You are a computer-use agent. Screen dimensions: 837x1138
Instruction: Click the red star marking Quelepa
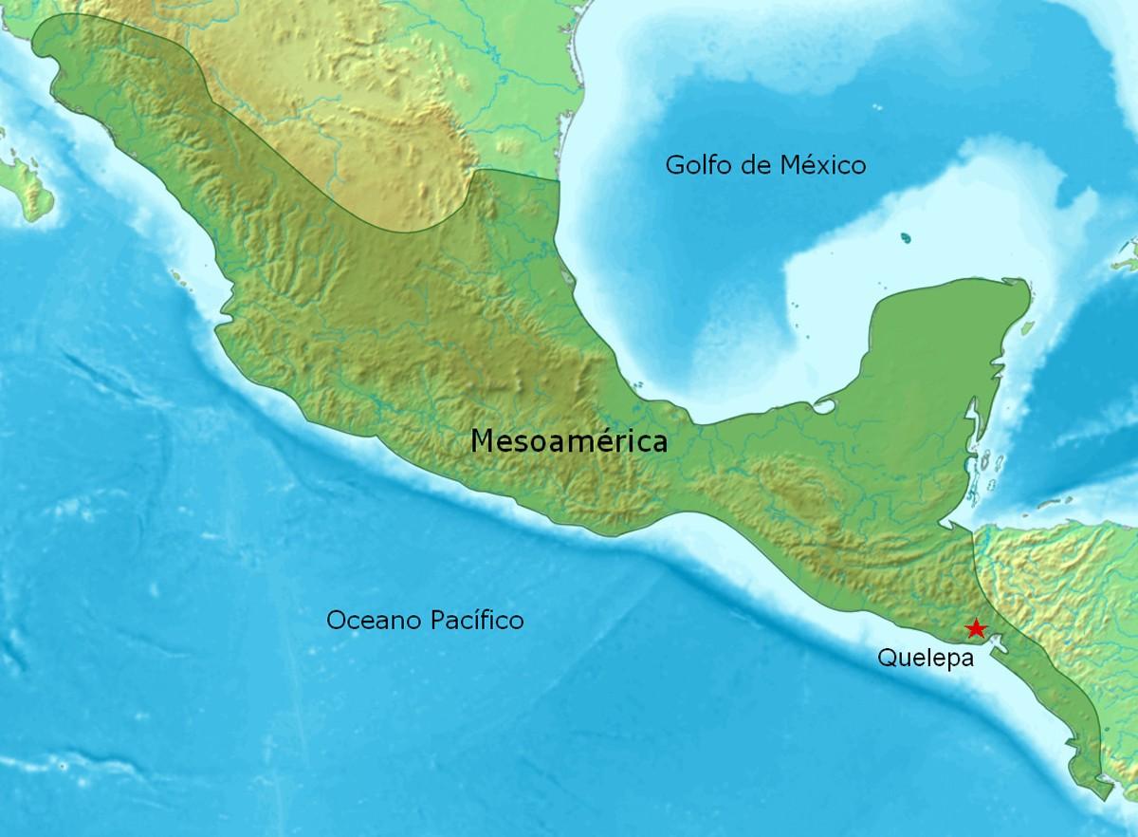click(x=974, y=628)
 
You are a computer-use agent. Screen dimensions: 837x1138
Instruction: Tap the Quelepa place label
click(x=926, y=657)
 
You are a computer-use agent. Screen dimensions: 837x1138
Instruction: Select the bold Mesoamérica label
click(x=569, y=441)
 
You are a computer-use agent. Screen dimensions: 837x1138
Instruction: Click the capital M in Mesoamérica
click(x=483, y=441)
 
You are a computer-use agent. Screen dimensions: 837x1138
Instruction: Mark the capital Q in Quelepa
click(x=887, y=657)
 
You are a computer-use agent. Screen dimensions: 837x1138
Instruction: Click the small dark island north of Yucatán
click(x=907, y=237)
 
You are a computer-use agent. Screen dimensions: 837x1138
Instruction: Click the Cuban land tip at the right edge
click(x=1128, y=251)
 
